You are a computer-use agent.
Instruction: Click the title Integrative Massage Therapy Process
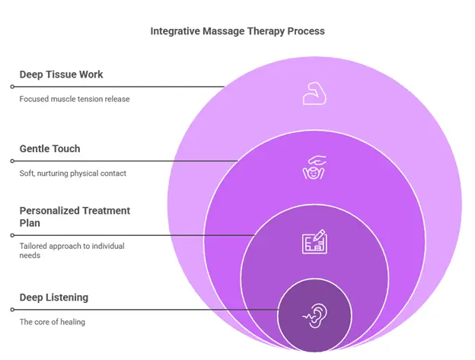(237, 31)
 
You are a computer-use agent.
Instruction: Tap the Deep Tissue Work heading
(62, 75)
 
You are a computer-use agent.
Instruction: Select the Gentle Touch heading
(49, 148)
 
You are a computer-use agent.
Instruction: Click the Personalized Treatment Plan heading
(75, 216)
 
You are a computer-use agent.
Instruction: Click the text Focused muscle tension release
(75, 99)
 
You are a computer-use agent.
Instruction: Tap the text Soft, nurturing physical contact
(72, 174)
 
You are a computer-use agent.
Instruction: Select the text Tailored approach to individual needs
(72, 250)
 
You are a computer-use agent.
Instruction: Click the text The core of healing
(53, 322)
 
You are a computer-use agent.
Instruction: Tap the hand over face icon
(314, 167)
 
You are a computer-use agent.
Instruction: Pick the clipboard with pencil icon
(314, 242)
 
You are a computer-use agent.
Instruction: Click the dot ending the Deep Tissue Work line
(11, 87)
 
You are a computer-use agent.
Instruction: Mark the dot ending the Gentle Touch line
(11, 161)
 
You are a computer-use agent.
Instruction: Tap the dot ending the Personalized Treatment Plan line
(11, 235)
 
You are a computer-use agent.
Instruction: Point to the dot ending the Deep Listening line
(11, 310)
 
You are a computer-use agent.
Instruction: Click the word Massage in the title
(224, 31)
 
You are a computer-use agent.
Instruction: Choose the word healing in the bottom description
(70, 322)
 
